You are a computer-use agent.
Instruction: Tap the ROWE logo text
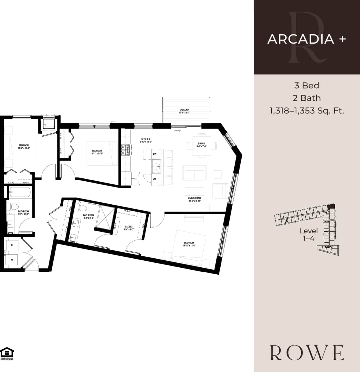[x=307, y=353]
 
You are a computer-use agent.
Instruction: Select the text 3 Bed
[x=307, y=85]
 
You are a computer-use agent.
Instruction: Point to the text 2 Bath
[x=307, y=98]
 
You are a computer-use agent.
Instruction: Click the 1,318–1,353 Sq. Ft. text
[x=307, y=110]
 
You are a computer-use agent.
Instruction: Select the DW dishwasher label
[x=155, y=154]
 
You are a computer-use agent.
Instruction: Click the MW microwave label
[x=154, y=179]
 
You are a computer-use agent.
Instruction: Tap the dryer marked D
[x=12, y=245]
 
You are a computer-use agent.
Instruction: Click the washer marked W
[x=12, y=260]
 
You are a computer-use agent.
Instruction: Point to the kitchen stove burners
[x=126, y=150]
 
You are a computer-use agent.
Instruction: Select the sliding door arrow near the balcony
[x=177, y=131]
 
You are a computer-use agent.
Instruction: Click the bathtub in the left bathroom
[x=20, y=192]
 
